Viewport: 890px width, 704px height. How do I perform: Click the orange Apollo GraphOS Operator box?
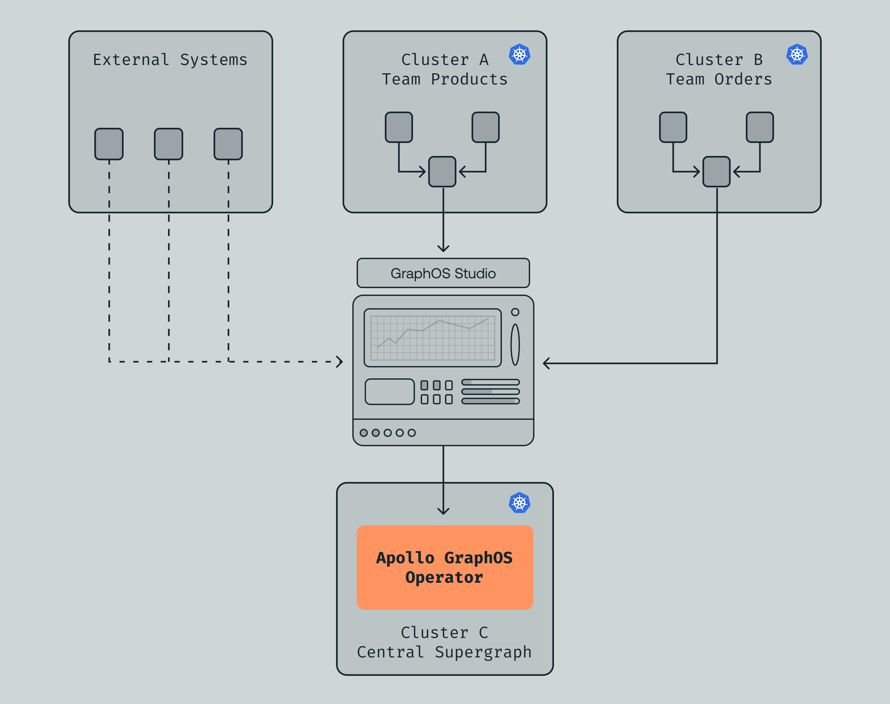[x=444, y=567]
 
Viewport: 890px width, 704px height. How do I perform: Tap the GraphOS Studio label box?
[x=443, y=273]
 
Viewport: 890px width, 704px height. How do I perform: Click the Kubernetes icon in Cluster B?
[x=797, y=55]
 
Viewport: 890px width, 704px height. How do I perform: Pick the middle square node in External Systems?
[x=168, y=144]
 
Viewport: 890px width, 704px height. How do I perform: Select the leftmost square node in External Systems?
[x=109, y=144]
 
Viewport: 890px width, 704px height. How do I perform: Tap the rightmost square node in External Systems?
[x=228, y=144]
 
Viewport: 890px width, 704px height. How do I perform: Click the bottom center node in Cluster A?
[x=442, y=171]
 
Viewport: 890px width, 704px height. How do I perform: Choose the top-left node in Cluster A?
[x=399, y=127]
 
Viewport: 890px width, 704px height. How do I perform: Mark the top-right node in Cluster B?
[x=760, y=127]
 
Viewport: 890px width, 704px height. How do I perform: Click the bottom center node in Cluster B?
[x=716, y=171]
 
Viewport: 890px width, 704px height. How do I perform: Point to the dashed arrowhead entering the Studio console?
[x=340, y=361]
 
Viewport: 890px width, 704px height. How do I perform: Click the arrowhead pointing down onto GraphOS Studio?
[x=443, y=248]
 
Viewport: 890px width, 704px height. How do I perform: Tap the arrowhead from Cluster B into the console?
[x=546, y=363]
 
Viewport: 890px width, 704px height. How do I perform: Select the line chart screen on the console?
[x=433, y=338]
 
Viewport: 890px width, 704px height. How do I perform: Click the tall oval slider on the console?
[x=515, y=344]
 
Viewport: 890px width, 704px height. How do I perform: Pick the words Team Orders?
[x=719, y=79]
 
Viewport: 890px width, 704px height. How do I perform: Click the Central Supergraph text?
[x=444, y=652]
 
